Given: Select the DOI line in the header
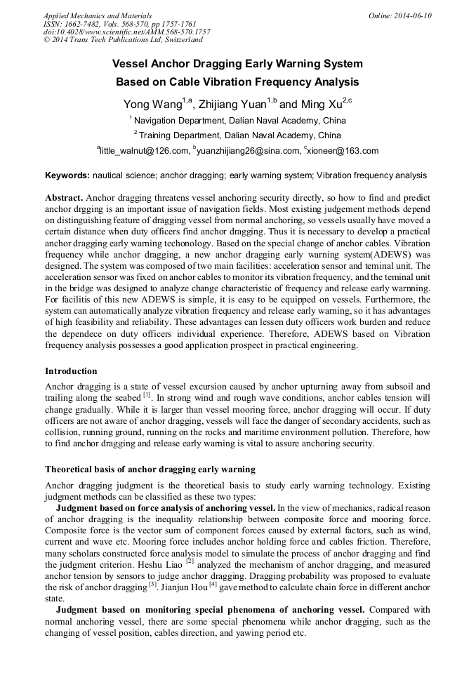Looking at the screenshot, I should [x=126, y=32].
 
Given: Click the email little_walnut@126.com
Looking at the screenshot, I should [x=144, y=151].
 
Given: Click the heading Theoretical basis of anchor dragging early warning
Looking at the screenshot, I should [x=150, y=469].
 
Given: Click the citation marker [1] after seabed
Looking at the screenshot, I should [x=147, y=395].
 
